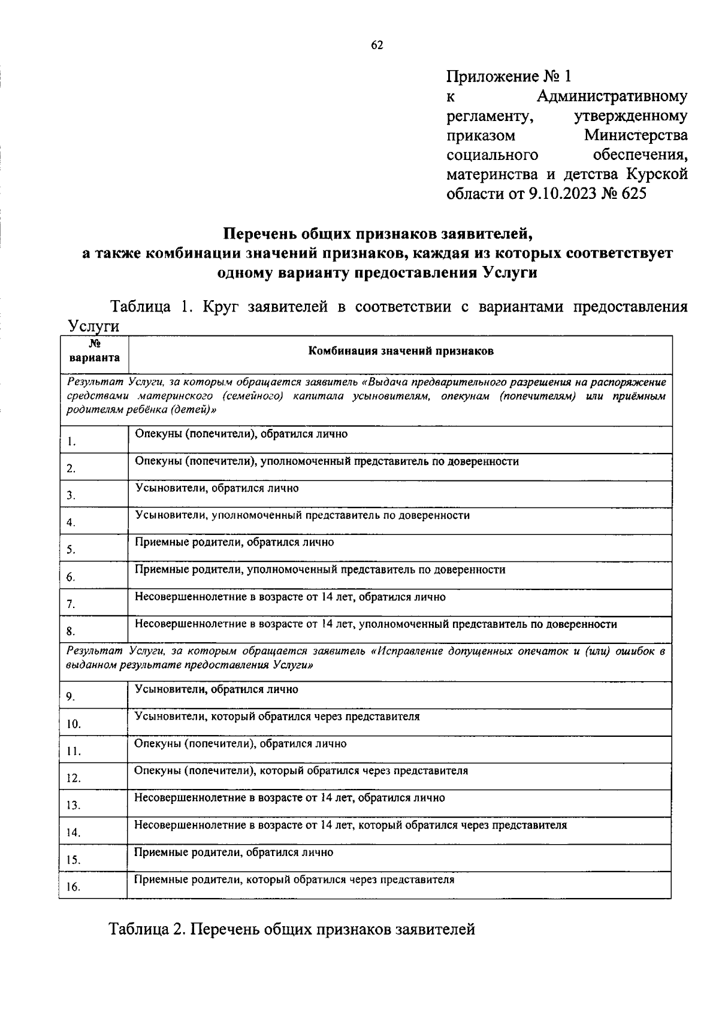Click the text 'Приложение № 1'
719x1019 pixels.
(509, 77)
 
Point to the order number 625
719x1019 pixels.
(635, 194)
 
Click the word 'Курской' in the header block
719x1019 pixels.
(657, 174)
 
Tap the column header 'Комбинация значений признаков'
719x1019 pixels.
(400, 352)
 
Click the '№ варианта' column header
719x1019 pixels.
(94, 352)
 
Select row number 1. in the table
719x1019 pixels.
(71, 442)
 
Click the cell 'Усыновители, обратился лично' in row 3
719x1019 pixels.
(217, 488)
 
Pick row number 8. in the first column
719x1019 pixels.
(71, 631)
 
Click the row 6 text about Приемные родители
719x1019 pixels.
(320, 570)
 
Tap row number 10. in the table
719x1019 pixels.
(74, 724)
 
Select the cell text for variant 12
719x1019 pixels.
(301, 771)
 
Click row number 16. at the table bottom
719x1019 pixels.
(74, 887)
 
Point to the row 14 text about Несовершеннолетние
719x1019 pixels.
(351, 826)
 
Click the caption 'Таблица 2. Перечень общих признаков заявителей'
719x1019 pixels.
(292, 929)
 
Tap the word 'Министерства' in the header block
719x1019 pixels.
(636, 135)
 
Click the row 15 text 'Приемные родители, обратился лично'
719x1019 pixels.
(234, 852)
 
